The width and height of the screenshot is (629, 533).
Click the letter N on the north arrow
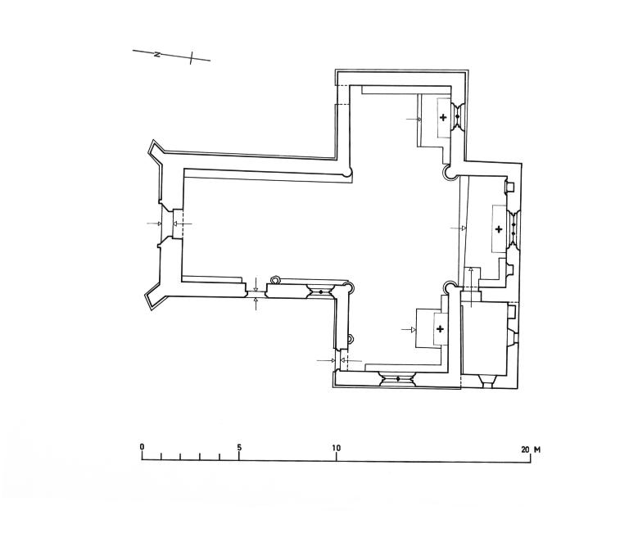pyautogui.click(x=157, y=54)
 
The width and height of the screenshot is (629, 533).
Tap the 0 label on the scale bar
pyautogui.click(x=142, y=447)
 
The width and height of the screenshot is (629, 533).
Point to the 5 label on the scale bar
pyautogui.click(x=239, y=447)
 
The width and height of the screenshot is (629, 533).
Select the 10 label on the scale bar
pyautogui.click(x=336, y=448)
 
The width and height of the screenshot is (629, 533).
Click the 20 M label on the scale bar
pyautogui.click(x=531, y=449)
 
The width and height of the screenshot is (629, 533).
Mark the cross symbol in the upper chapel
pyautogui.click(x=443, y=118)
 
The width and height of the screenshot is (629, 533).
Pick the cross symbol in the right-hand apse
pyautogui.click(x=499, y=229)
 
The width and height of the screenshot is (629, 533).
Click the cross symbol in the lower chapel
pyautogui.click(x=440, y=329)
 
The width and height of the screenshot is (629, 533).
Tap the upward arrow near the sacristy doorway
pyautogui.click(x=471, y=287)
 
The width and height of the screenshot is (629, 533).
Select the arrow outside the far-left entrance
pyautogui.click(x=155, y=224)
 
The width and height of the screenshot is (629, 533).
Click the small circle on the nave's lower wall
pyautogui.click(x=275, y=279)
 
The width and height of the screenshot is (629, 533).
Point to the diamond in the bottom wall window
pyautogui.click(x=398, y=378)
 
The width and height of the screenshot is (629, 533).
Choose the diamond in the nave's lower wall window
pyautogui.click(x=320, y=291)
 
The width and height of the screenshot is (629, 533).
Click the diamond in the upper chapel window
pyautogui.click(x=457, y=116)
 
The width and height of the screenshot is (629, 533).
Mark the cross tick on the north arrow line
pyautogui.click(x=192, y=58)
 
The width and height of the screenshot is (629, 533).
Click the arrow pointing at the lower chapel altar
pyautogui.click(x=409, y=329)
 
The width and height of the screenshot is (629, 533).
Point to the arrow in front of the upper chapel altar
pyautogui.click(x=414, y=119)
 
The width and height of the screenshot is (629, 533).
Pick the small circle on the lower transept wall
pyautogui.click(x=351, y=339)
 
